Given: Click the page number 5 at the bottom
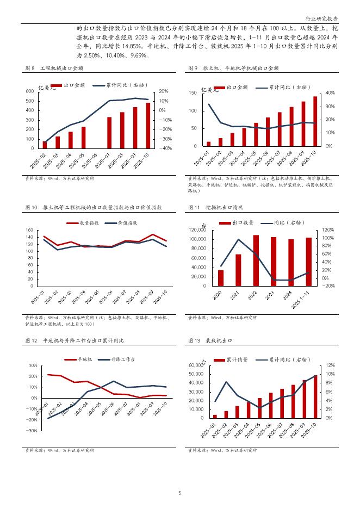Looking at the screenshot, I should point(180,493).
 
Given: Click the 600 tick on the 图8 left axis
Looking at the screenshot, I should point(30,91).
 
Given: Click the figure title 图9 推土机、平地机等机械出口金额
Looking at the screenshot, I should point(233,69).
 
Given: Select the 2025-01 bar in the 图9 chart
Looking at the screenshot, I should point(208,144).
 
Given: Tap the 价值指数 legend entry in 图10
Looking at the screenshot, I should point(126,223).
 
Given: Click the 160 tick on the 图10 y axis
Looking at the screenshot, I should point(29,230).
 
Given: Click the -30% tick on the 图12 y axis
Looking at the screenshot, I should point(32,431).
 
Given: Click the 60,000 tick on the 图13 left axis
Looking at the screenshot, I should point(195,365).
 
